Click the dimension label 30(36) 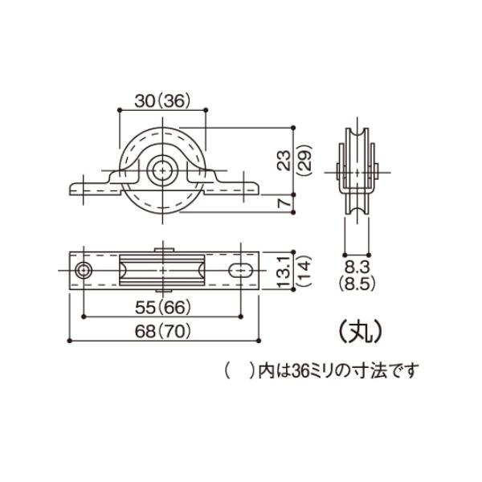tap(162, 100)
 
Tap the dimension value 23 tap(284, 161)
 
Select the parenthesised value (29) tap(305, 161)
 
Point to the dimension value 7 tap(284, 203)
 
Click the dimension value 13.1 tap(284, 271)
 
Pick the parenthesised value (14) tap(305, 271)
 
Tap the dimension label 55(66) tap(163, 307)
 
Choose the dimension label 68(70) tap(163, 331)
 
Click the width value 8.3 tap(357, 268)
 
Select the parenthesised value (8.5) tap(357, 284)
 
